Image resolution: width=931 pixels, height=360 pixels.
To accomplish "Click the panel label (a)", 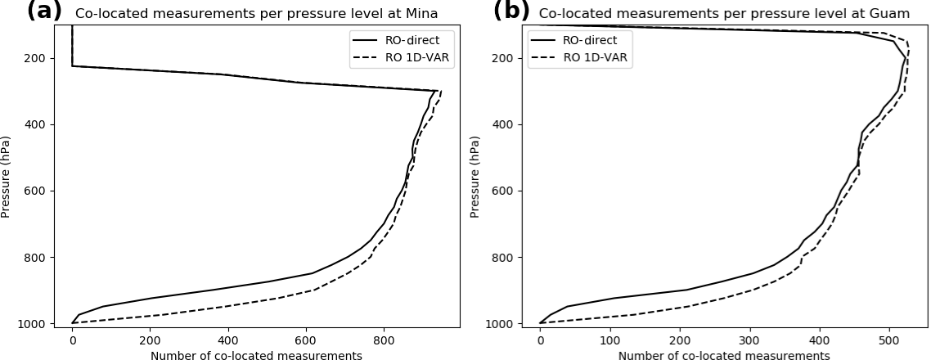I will click(44, 11).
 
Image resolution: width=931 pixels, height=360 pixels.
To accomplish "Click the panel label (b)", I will click(511, 11).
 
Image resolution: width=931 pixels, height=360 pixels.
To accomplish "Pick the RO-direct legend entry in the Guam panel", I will click(590, 40).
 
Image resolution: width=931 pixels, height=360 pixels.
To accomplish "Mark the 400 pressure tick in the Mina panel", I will click(41, 124).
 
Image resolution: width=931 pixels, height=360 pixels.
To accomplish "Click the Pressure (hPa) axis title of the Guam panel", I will click(474, 176).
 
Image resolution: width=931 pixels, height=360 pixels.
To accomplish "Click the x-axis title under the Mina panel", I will click(256, 355).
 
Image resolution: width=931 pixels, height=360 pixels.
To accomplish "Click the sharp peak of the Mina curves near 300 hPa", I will click(439, 91).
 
